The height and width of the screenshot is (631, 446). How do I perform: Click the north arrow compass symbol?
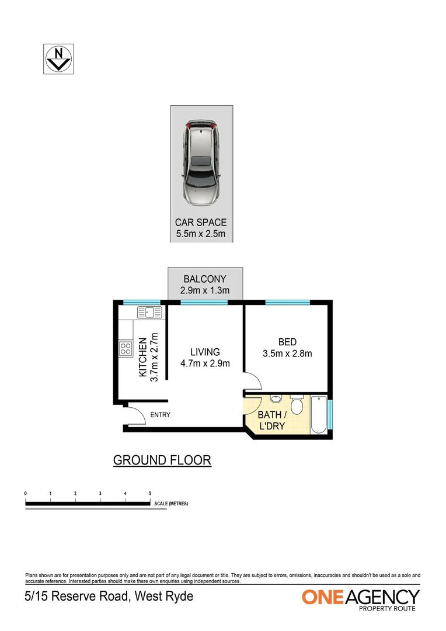[x=58, y=58]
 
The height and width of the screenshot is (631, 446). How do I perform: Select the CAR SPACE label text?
[x=201, y=223]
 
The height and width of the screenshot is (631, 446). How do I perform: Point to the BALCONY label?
[x=204, y=279]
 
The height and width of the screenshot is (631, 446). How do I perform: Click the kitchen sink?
[x=151, y=313]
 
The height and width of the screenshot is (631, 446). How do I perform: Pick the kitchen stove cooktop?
[x=126, y=349]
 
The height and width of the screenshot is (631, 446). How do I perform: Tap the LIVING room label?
[x=205, y=352]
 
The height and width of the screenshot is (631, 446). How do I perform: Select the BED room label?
[x=287, y=342]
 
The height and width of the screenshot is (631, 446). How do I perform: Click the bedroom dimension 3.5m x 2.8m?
[x=287, y=353]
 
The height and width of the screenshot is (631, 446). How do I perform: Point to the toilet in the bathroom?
[x=297, y=404]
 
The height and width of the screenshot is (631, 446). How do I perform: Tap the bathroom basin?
[x=276, y=399]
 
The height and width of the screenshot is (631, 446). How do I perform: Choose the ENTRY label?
[x=160, y=415]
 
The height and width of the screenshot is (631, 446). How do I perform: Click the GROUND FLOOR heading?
[x=162, y=460]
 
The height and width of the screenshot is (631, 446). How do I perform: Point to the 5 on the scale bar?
[x=150, y=494]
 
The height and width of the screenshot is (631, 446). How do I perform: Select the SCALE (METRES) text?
[x=171, y=503]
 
